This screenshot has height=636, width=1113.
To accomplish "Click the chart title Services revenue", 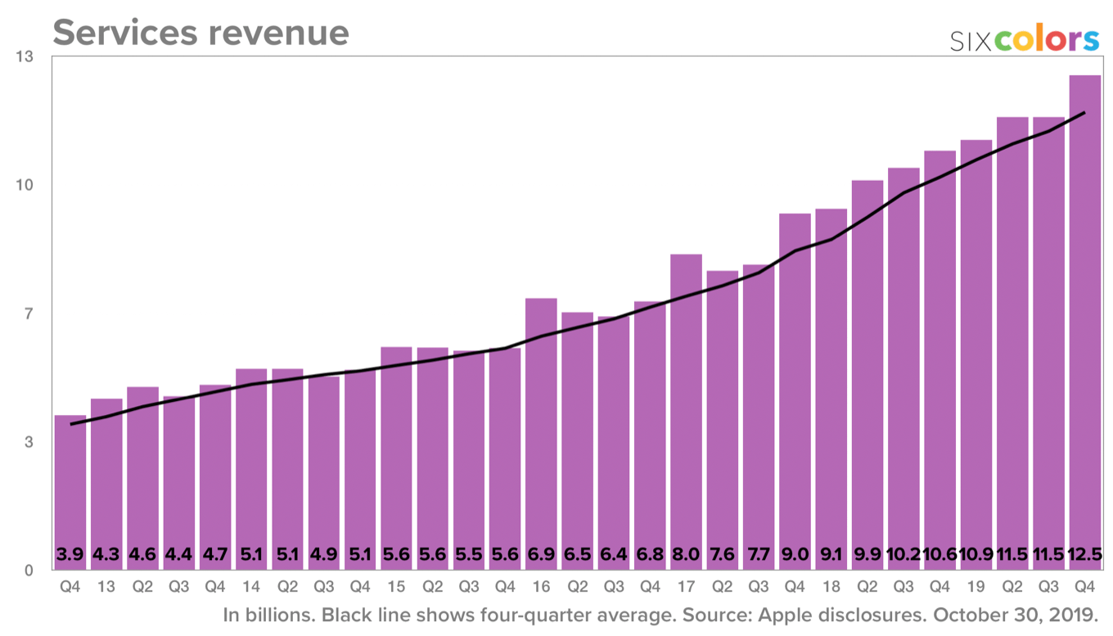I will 201,33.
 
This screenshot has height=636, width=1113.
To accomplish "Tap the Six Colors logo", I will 1024,40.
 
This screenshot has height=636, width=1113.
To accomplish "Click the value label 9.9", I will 867,554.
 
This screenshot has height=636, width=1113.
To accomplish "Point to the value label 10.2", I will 903,554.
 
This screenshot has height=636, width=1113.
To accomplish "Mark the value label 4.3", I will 106,554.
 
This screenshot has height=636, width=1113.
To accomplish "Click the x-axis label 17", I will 686,586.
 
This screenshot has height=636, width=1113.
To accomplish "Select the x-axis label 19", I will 976,586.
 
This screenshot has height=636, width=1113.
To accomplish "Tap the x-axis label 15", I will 396,586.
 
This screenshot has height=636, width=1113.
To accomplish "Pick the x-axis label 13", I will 106,586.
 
